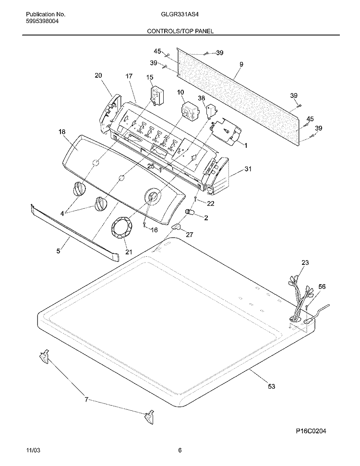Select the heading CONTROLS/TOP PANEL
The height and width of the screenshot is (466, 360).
(180, 31)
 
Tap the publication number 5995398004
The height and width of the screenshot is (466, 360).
(42, 21)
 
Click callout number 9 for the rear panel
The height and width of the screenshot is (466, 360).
(241, 64)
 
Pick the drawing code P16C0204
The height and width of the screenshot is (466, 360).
(311, 431)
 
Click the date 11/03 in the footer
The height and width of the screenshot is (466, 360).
(33, 459)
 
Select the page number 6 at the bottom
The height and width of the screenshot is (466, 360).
(180, 459)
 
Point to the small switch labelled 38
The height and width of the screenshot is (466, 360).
(211, 111)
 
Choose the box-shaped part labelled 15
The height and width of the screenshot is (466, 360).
(157, 96)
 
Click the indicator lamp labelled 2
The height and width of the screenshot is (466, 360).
(190, 212)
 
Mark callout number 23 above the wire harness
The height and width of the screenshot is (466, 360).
(305, 263)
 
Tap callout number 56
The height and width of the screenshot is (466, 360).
(322, 287)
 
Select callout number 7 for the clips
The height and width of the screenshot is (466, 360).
(86, 400)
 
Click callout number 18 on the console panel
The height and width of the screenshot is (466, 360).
(62, 131)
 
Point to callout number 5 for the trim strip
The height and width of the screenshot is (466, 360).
(58, 251)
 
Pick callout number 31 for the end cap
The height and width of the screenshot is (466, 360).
(248, 169)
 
